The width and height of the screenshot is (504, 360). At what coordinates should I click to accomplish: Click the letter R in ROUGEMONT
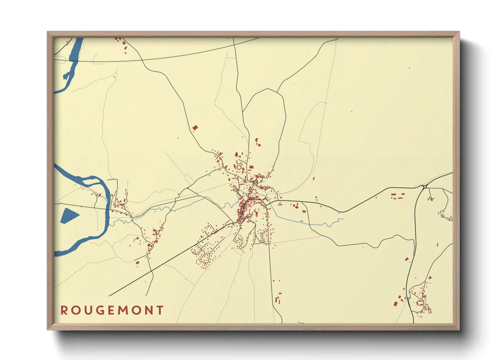[64, 310]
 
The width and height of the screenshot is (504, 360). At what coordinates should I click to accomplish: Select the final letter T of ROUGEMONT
[160, 310]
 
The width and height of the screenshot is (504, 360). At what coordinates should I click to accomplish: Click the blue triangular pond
[69, 215]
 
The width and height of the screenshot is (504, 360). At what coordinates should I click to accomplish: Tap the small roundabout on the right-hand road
[425, 186]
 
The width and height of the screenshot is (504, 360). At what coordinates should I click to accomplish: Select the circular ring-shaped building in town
[239, 167]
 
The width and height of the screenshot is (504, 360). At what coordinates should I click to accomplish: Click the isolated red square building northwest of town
[195, 128]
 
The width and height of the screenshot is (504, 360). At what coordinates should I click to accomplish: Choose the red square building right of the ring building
[251, 167]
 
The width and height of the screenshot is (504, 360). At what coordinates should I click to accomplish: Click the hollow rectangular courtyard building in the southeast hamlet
[420, 303]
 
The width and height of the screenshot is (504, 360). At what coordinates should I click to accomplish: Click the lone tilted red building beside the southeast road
[407, 259]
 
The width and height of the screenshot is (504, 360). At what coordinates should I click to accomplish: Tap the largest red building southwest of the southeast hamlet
[396, 304]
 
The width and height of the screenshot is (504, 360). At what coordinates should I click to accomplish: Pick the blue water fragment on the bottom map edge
[301, 322]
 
